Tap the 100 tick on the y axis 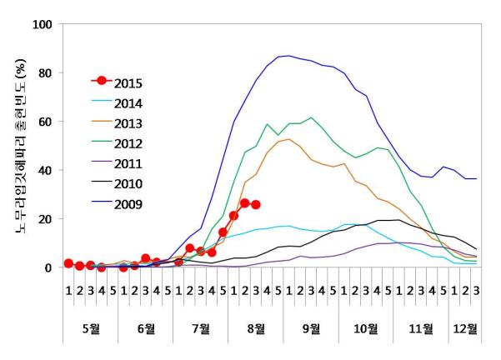coord(42,24)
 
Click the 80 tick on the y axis coord(45,72)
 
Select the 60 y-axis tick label coord(45,122)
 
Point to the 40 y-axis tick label coord(45,170)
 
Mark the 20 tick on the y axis coord(45,219)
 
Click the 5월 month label coord(90,327)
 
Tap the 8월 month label coord(256,327)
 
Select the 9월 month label coord(311,327)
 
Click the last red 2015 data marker coord(256,204)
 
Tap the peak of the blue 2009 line coord(288,56)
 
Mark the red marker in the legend coord(102,81)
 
